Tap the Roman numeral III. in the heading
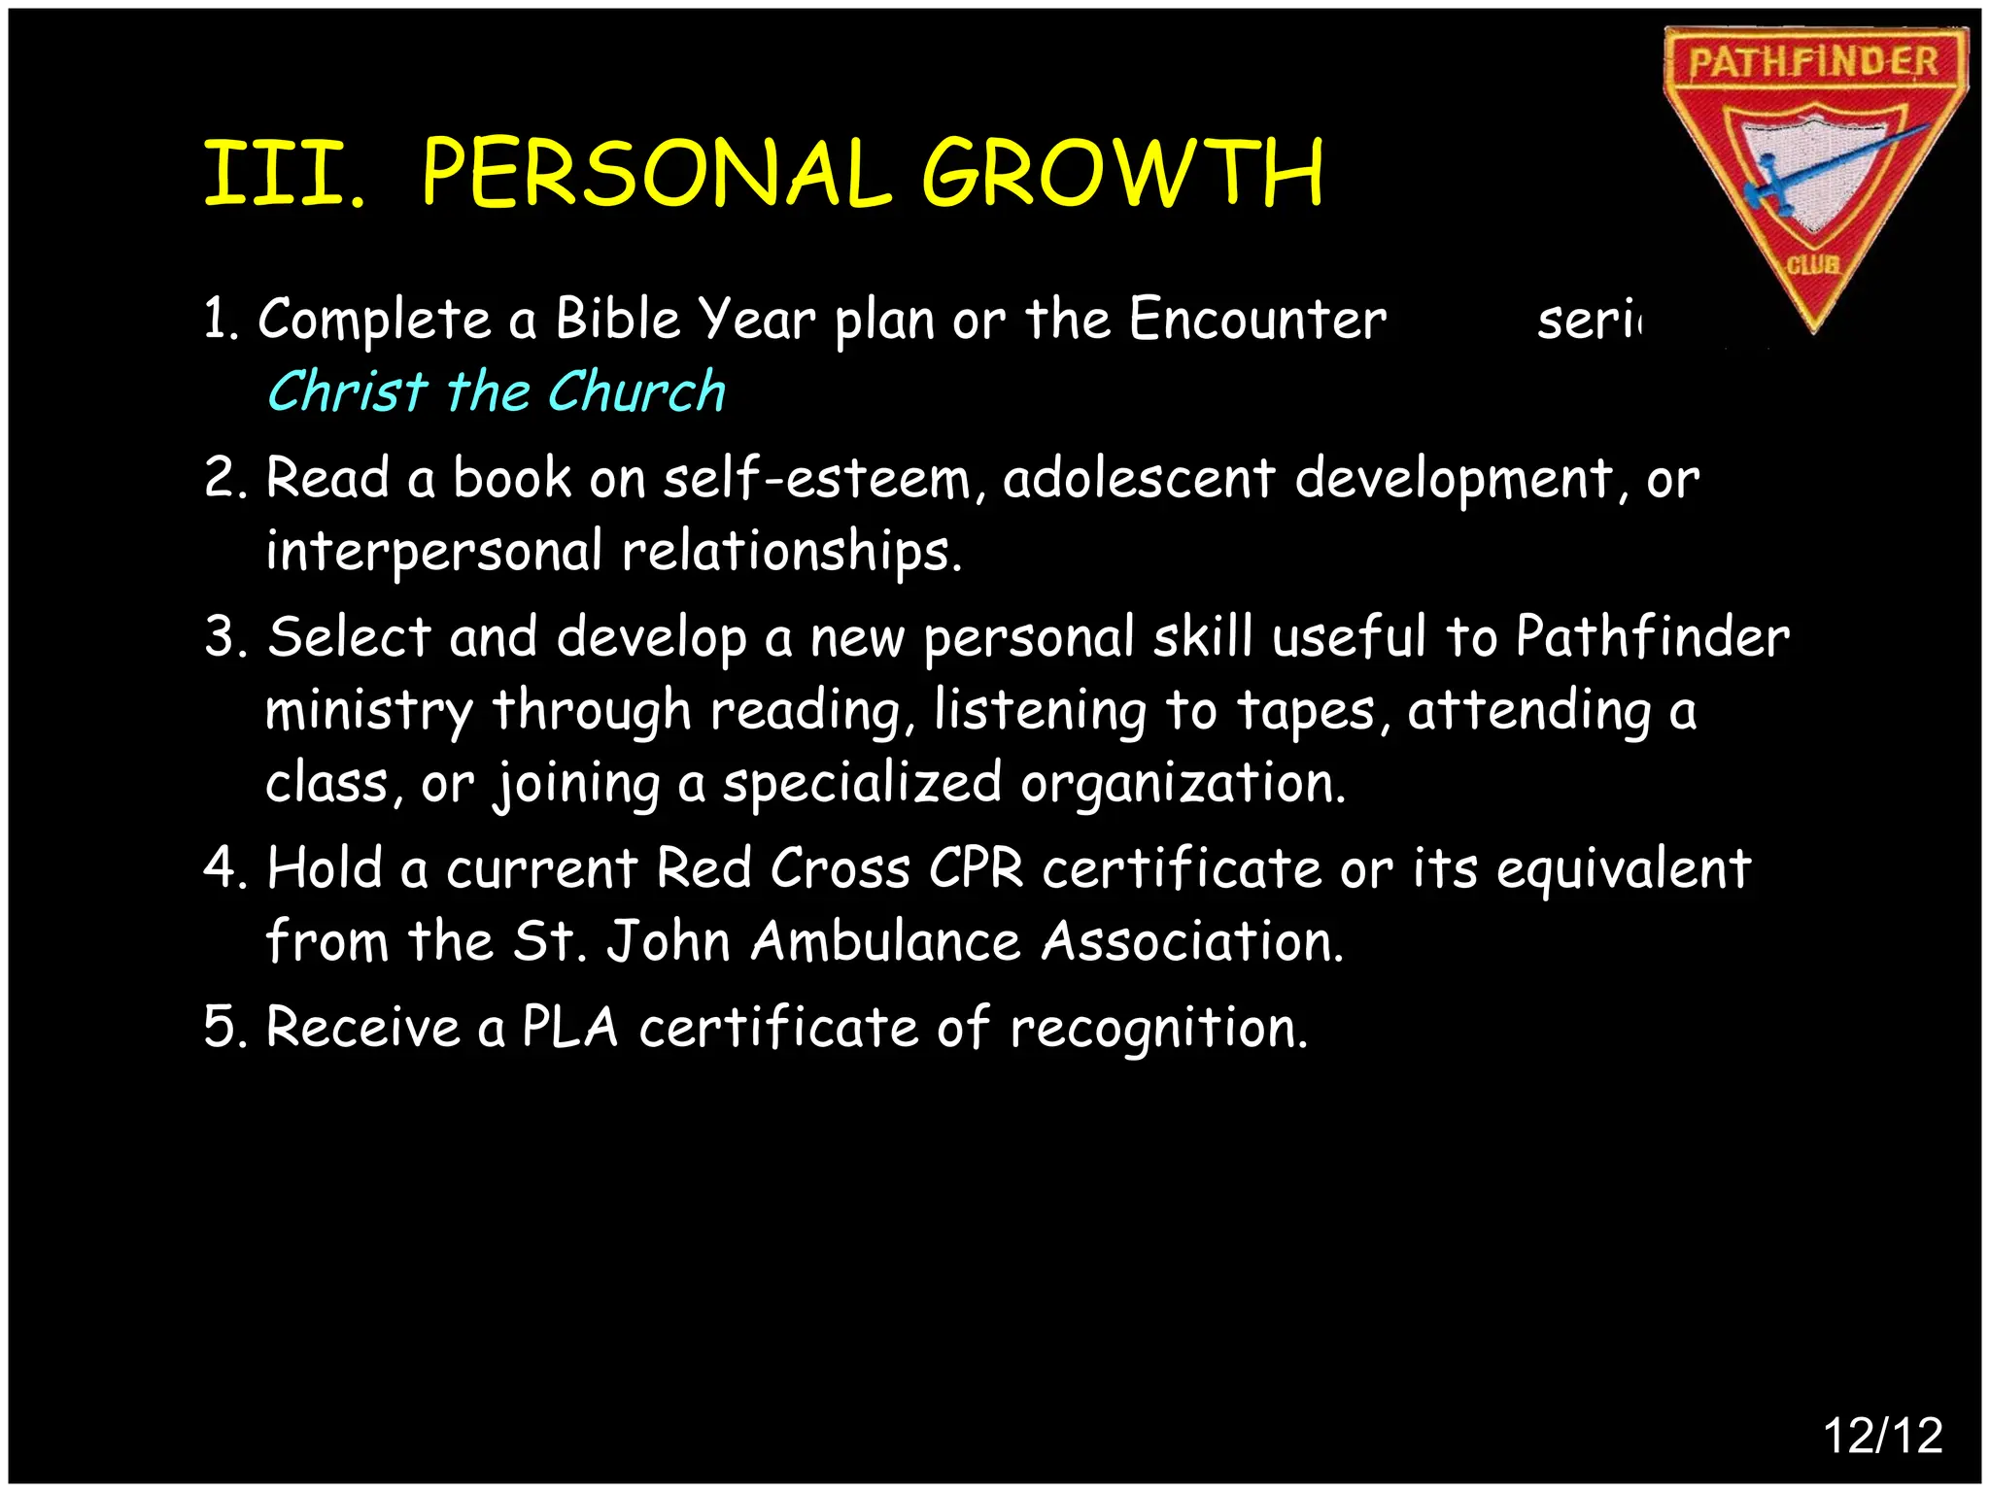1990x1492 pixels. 285,175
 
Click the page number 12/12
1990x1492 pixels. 1882,1435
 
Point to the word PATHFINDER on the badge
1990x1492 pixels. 1813,62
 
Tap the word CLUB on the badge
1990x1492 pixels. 1813,264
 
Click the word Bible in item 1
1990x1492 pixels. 617,319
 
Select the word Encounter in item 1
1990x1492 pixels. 1257,319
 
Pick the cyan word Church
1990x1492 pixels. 636,391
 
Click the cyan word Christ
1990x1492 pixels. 347,391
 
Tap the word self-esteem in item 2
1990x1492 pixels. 817,479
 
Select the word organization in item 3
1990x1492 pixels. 1183,783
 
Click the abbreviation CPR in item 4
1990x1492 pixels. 976,868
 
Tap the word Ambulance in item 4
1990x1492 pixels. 886,941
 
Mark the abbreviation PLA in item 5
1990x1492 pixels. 570,1028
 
